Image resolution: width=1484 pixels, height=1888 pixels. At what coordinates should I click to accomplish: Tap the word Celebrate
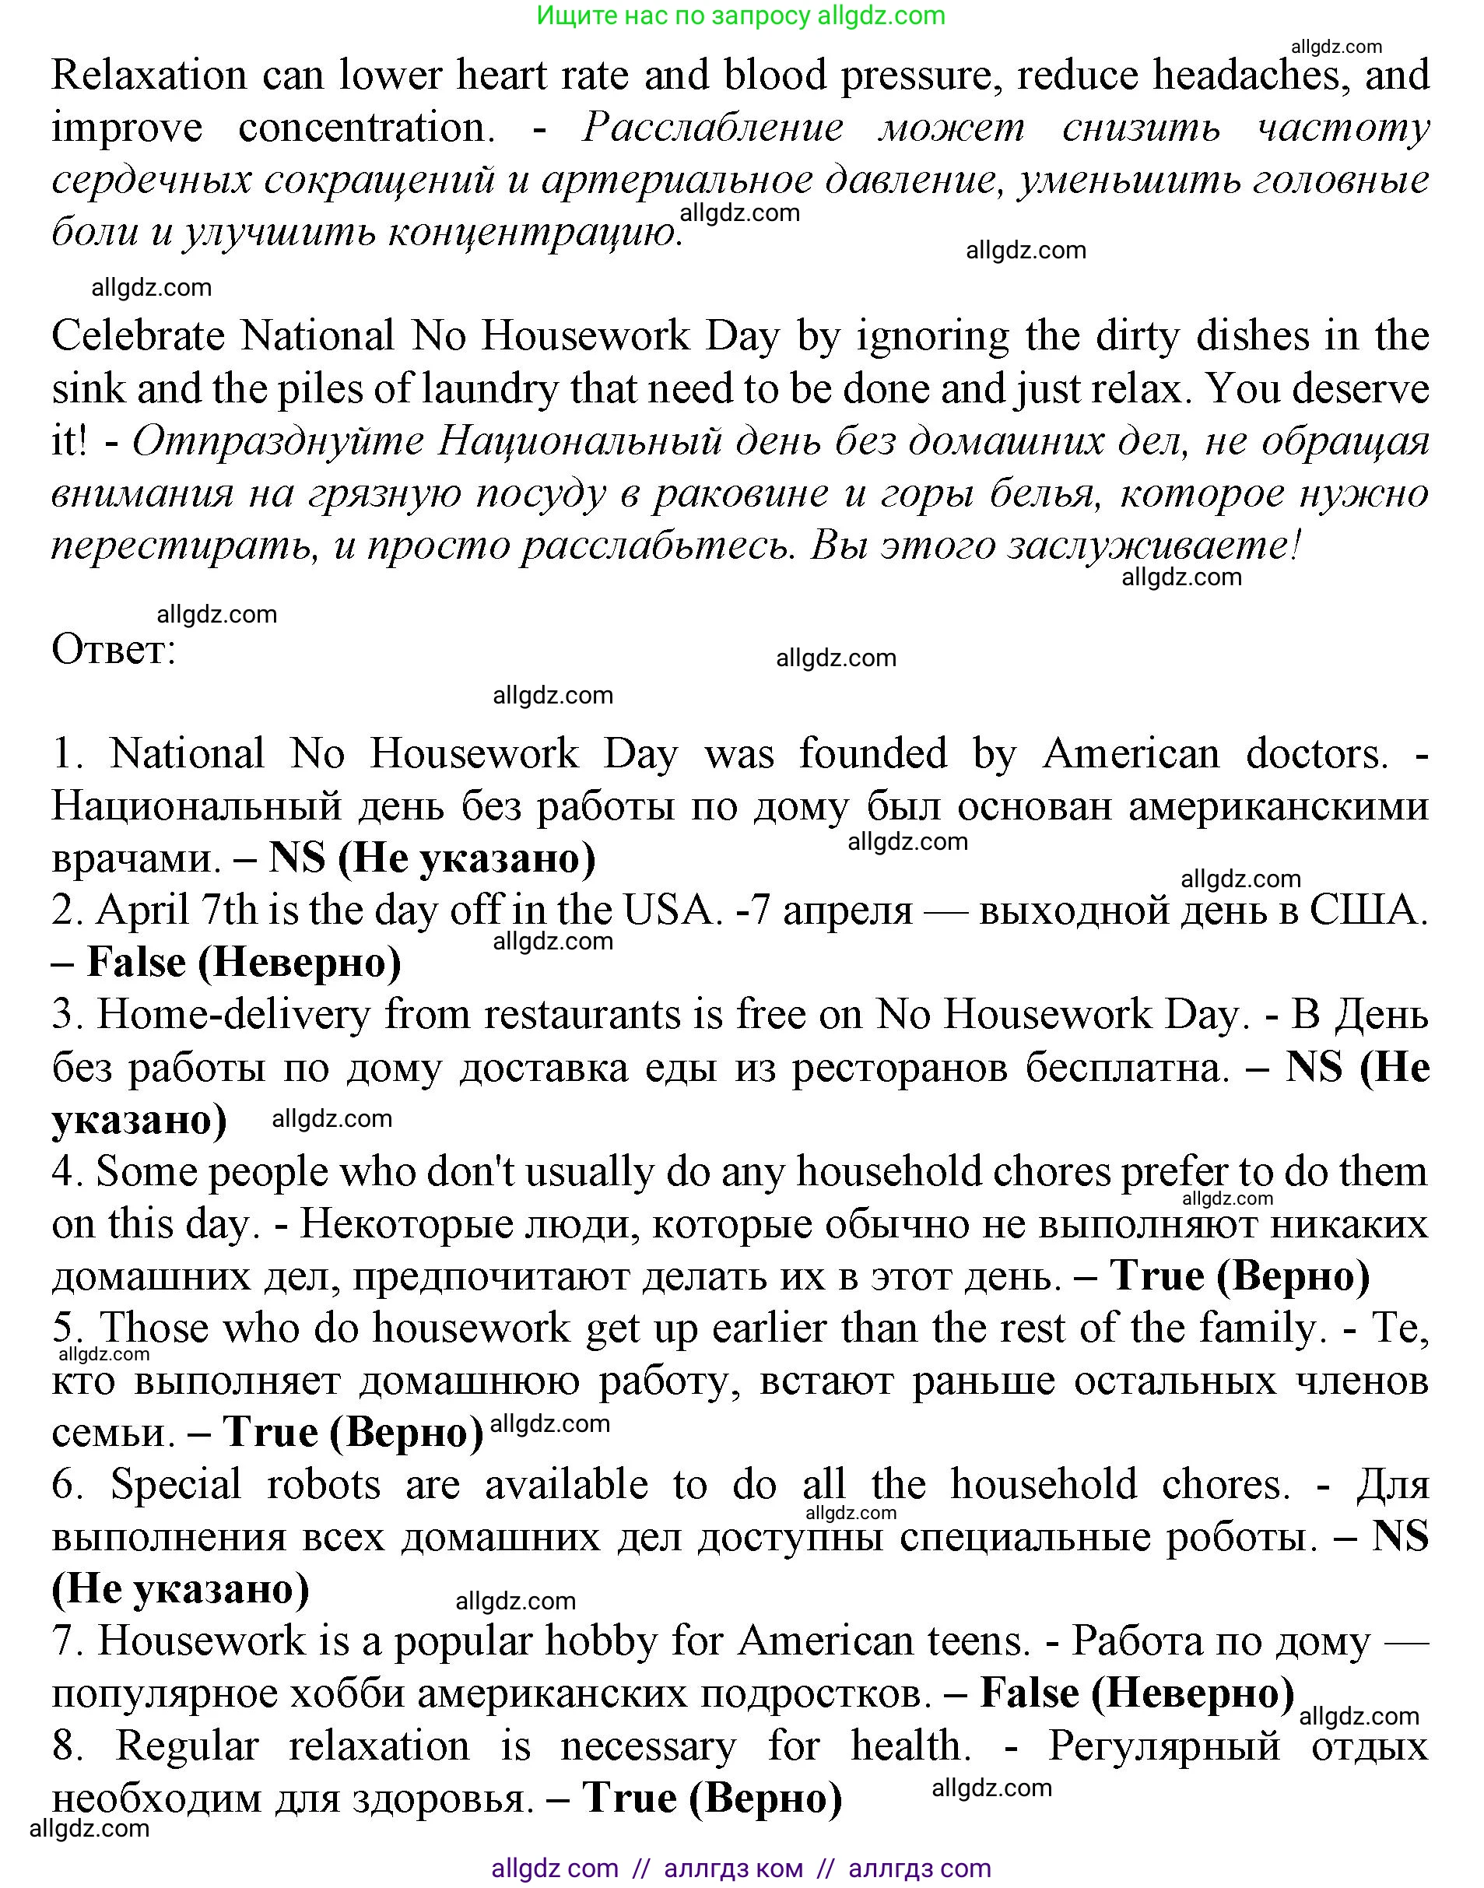[x=139, y=336]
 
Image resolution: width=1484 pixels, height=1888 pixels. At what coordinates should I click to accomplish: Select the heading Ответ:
[x=114, y=649]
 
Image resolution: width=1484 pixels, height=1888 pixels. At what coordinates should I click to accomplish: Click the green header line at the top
[x=740, y=16]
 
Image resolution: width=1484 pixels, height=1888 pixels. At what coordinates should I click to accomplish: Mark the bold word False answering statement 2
[x=136, y=963]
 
